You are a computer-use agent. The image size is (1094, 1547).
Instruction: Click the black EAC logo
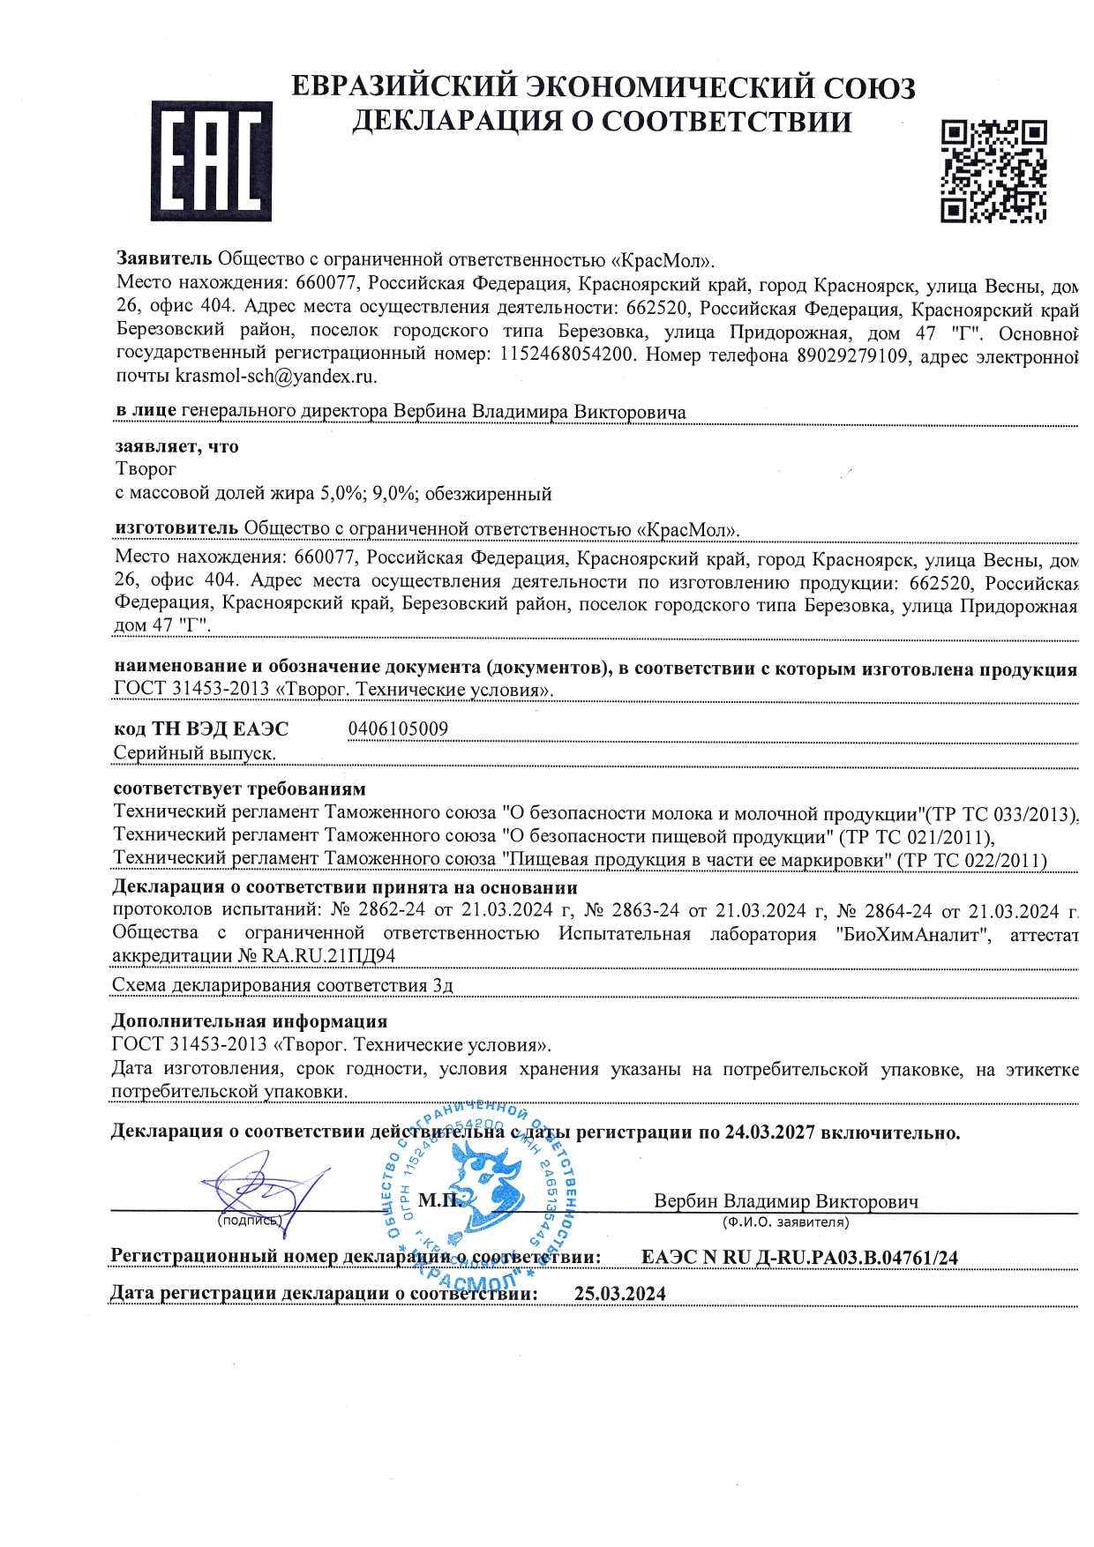[x=211, y=161]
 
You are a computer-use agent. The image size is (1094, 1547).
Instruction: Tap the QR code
[x=993, y=170]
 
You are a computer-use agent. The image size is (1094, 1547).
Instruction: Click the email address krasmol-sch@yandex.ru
[x=276, y=377]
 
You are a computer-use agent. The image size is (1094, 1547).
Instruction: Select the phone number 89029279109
[x=852, y=355]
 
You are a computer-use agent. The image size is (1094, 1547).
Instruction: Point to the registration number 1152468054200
[x=566, y=355]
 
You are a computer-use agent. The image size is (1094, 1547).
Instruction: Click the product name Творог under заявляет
[x=146, y=469]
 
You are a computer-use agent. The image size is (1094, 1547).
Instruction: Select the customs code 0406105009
[x=398, y=729]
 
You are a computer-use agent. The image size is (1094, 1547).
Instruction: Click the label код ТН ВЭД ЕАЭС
[x=201, y=729]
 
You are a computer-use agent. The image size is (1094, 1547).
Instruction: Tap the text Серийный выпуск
[x=195, y=753]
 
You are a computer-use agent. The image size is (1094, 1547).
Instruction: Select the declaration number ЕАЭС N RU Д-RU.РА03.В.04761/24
[x=799, y=1258]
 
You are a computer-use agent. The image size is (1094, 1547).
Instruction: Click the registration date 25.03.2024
[x=619, y=1294]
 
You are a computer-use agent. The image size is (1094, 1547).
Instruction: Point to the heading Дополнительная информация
[x=250, y=1021]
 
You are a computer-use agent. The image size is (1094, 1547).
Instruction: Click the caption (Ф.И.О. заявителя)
[x=785, y=1222]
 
